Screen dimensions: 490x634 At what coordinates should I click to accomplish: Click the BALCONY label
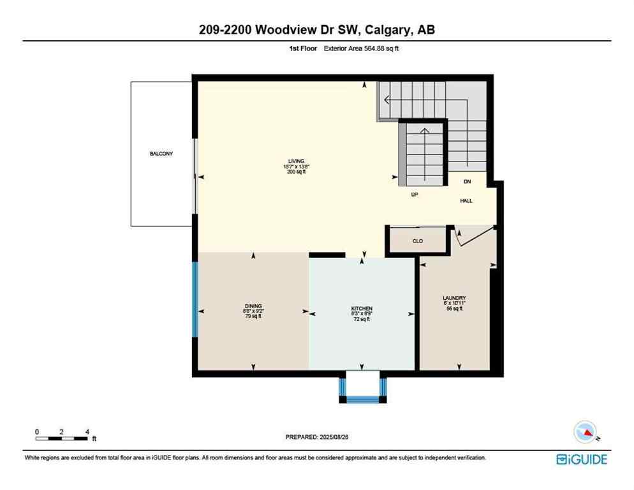tap(161, 154)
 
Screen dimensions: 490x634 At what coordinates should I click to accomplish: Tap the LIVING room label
tap(296, 161)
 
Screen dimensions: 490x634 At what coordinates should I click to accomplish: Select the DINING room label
tap(253, 306)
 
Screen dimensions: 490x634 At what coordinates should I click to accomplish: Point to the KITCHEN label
tap(362, 308)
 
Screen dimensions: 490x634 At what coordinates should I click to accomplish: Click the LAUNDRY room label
tap(454, 298)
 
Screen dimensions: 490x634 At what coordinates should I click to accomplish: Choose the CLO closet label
tap(418, 241)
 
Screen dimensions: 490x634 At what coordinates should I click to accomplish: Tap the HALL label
tap(467, 200)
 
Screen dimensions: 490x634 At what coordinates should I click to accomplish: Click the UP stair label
tap(414, 195)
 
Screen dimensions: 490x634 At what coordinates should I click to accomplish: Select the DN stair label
tap(467, 182)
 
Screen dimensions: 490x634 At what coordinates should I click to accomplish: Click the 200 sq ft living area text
tap(296, 172)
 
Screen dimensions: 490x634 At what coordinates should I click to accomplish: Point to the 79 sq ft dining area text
tap(253, 316)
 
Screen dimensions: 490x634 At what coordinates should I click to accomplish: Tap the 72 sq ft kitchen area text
tap(362, 319)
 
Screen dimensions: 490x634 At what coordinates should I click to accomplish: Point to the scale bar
tap(62, 438)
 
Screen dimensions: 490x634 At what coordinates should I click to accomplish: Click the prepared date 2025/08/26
tap(317, 437)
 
